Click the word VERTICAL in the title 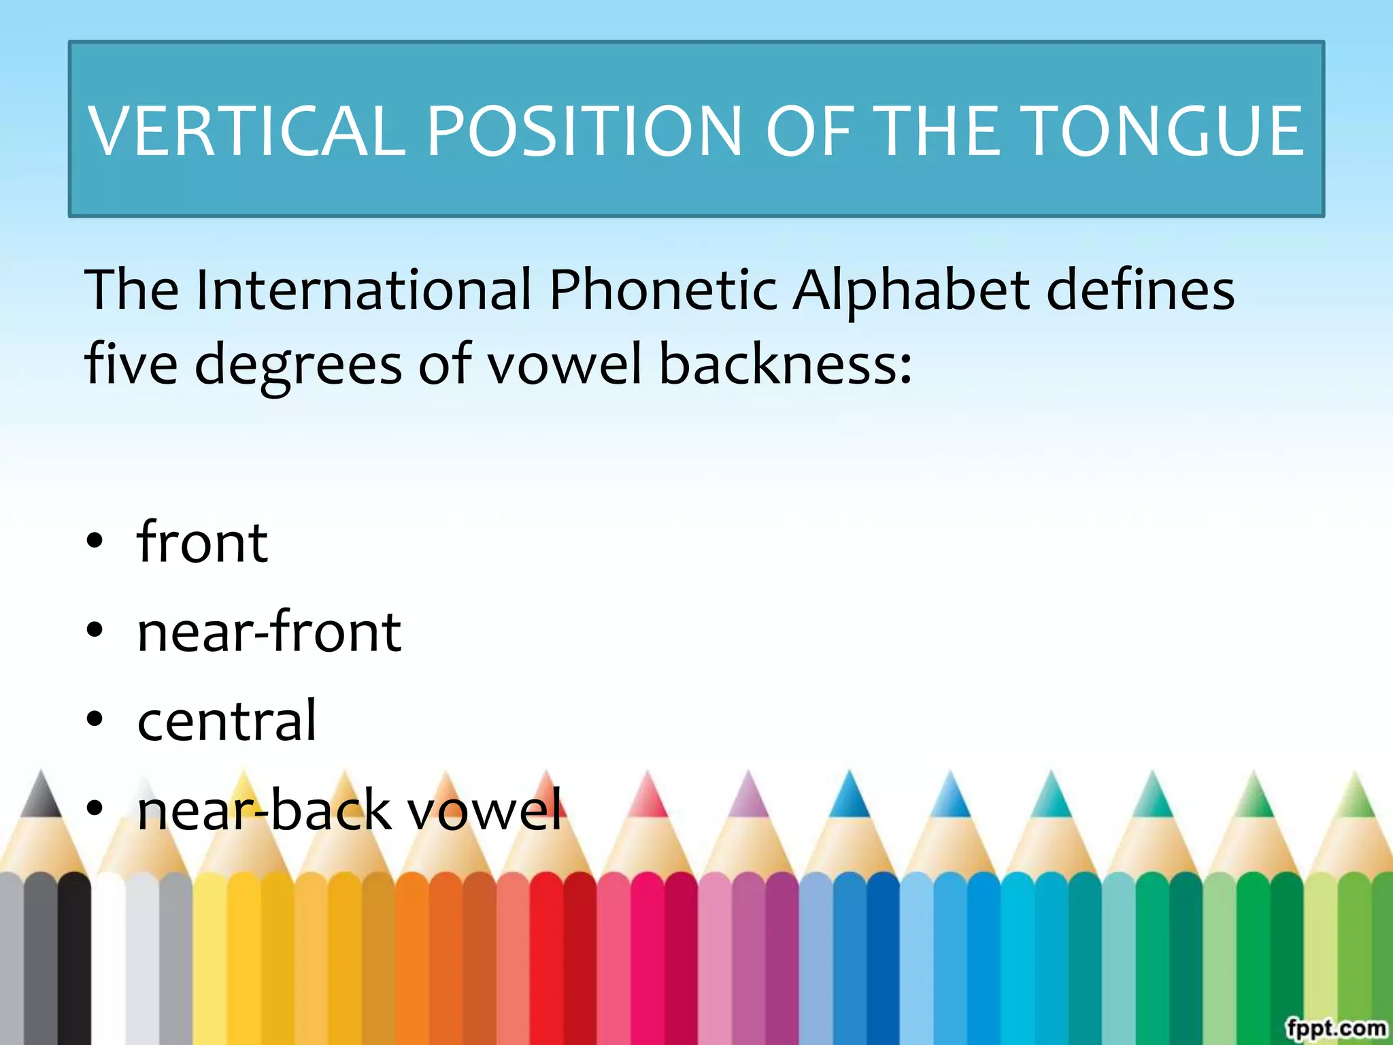coord(247,131)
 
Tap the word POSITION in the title coord(584,131)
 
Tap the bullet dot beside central coord(95,719)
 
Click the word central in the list coord(226,720)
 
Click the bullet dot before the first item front coord(95,542)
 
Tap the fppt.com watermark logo coord(1336,1027)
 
